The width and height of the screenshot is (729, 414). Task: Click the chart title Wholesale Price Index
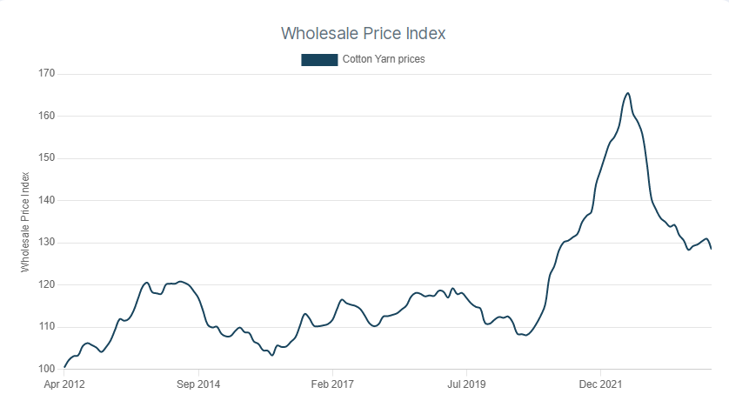coord(363,33)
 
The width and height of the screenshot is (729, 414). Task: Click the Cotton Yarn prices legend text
coord(384,60)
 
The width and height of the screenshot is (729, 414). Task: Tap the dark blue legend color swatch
coord(318,60)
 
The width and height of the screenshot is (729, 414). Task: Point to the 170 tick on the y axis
coord(46,74)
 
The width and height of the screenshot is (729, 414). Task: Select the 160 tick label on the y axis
coord(46,116)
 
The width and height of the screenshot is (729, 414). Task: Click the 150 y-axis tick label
coord(46,158)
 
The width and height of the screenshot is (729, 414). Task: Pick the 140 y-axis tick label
coord(46,200)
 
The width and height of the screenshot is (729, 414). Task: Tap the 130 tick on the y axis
coord(46,243)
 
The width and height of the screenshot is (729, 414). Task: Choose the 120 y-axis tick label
coord(46,284)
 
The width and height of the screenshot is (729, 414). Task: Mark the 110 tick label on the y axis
coord(46,327)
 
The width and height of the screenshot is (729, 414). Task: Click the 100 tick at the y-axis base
coord(46,369)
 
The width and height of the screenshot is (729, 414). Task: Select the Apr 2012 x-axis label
coord(64,384)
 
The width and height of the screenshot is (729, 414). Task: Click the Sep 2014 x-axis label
coord(198,384)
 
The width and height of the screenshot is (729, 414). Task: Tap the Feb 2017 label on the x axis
coord(332,384)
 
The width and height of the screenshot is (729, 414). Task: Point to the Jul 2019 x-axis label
coord(466,384)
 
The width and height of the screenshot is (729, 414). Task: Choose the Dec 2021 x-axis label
coord(600,384)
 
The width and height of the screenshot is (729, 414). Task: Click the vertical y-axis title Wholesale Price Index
coord(26,221)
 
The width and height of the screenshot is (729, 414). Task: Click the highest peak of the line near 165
coord(628,93)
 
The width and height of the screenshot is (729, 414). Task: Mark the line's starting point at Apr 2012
coord(64,367)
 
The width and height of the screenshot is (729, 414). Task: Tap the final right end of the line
coord(712,249)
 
